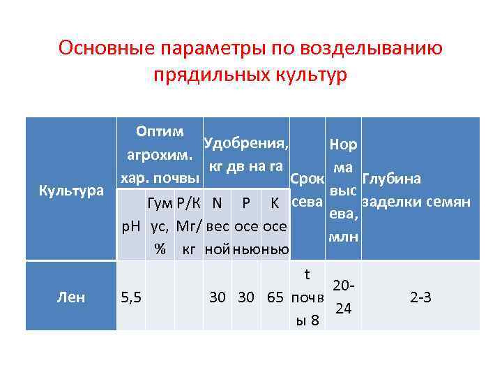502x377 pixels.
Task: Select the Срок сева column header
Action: point(307,190)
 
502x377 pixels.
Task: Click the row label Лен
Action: point(71,297)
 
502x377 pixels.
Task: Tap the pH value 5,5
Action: point(131,297)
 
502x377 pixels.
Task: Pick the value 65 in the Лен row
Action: point(275,297)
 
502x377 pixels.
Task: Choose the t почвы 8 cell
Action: point(307,297)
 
